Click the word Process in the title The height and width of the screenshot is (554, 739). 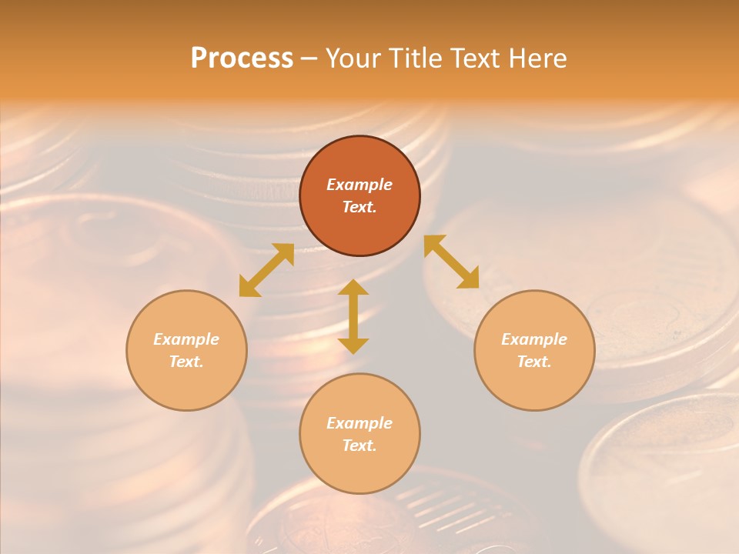coord(242,58)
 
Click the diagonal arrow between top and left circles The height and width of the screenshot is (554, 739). coord(266,270)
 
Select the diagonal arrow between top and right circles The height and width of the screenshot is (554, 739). coord(452,262)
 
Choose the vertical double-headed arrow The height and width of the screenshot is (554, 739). coord(353,316)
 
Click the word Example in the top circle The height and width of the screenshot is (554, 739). coord(359,185)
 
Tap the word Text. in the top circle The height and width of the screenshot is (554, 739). coord(359,207)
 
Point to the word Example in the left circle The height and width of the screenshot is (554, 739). coord(186,339)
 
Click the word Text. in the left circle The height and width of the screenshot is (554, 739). coord(186,362)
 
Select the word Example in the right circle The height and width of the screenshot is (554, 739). coord(534,339)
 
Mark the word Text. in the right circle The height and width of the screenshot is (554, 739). coord(534,362)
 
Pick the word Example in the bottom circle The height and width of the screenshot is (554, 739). coord(359,423)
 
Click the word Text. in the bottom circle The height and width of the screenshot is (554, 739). coord(359,446)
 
